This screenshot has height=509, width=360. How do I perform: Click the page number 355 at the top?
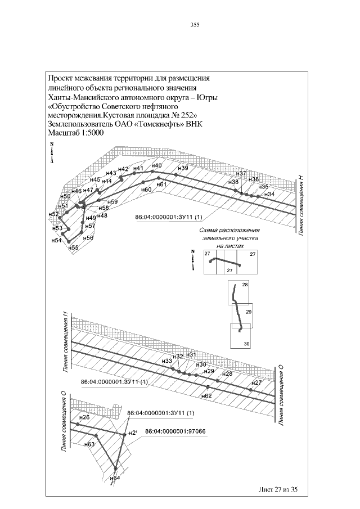[x=195, y=25]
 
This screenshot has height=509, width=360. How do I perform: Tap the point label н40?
[x=157, y=165]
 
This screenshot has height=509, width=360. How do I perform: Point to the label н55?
[x=73, y=247]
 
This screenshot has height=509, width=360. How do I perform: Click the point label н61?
[x=161, y=184]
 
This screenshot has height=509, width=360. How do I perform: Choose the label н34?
[x=270, y=194]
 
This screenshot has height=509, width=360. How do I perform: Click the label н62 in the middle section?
[x=206, y=396]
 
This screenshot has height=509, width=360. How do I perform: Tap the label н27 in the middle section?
[x=256, y=382]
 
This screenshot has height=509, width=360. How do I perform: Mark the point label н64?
[x=115, y=478]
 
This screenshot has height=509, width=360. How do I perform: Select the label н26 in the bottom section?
[x=85, y=417]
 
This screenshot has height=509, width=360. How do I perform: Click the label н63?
[x=89, y=444]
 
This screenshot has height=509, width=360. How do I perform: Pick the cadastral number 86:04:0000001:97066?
[x=175, y=431]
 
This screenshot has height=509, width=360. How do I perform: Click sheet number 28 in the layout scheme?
[x=245, y=285]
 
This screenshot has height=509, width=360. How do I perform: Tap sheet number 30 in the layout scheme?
[x=246, y=344]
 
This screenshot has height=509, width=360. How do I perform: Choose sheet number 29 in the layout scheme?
[x=248, y=312]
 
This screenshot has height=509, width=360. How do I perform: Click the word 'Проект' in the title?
[x=61, y=78]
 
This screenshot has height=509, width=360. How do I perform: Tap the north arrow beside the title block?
[x=51, y=152]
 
